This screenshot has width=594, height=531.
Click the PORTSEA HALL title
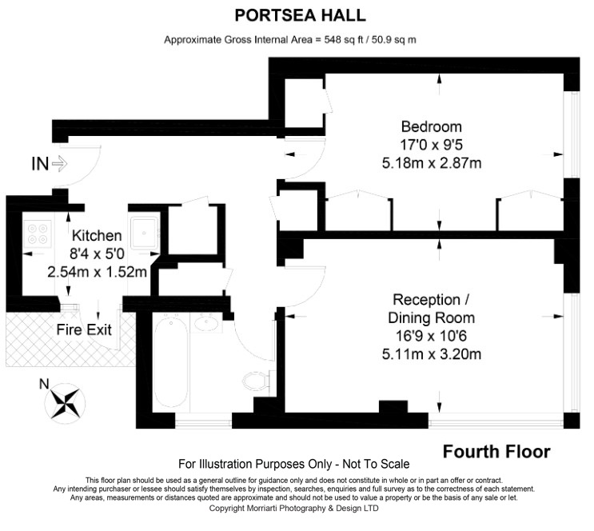pos(300,15)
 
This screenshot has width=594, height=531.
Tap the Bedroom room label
pos(432,126)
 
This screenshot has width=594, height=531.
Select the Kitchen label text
pos(97,235)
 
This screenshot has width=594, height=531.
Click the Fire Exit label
pos(84,329)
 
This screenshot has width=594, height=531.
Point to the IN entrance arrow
pos(59,164)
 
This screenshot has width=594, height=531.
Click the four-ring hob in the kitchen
pos(38,234)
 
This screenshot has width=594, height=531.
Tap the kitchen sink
pos(144,233)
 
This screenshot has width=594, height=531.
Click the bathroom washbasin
pos(206,323)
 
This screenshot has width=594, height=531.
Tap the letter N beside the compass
pos(44,385)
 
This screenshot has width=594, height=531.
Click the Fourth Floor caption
pos(496,452)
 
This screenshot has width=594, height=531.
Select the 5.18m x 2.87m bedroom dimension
pos(432,163)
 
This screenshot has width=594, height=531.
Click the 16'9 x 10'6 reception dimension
pos(432,336)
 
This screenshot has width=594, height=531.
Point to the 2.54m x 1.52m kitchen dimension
pos(97,272)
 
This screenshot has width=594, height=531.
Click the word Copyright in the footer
pos(227,509)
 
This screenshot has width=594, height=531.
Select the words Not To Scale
pos(376,464)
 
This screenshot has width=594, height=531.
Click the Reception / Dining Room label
pos(432,309)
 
